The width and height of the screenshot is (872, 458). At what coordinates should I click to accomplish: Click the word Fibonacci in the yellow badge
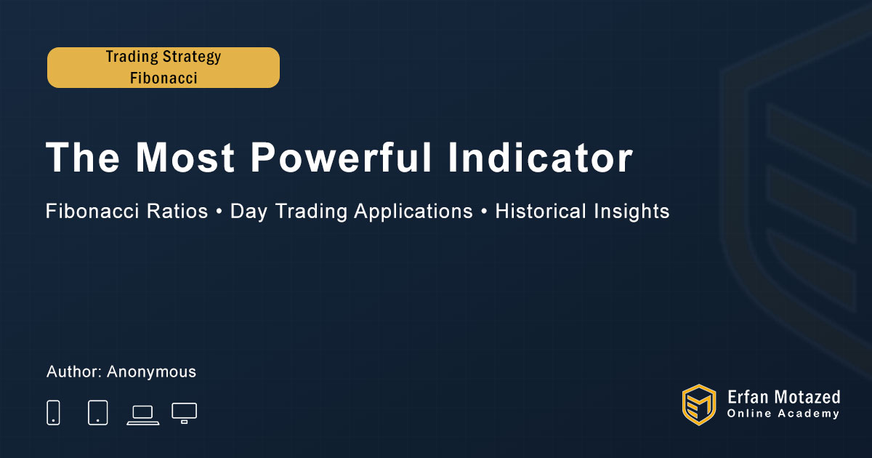(x=163, y=78)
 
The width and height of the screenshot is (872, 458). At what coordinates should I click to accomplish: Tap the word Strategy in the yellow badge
(x=192, y=57)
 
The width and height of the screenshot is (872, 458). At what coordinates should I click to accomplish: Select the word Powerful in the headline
(x=341, y=157)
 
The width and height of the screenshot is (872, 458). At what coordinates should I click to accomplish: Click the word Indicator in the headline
(x=541, y=157)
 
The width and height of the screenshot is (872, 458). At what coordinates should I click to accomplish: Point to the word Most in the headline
(x=185, y=157)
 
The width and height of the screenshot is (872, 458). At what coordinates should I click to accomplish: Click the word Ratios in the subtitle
(x=177, y=211)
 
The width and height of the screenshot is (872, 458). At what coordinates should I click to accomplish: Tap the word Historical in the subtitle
(x=541, y=211)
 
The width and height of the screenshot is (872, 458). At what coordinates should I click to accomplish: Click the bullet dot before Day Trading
(x=219, y=212)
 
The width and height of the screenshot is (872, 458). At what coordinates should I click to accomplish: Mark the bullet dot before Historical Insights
(x=484, y=212)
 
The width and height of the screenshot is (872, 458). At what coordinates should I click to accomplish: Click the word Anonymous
(x=151, y=372)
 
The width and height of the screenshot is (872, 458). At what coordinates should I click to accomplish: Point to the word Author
(x=74, y=371)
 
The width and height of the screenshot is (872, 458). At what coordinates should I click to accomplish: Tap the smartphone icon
(x=53, y=412)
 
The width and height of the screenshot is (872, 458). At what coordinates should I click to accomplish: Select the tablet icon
(x=98, y=412)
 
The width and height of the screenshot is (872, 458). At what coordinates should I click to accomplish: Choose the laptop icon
(x=143, y=415)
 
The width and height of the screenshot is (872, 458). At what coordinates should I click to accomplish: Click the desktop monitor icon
(x=184, y=413)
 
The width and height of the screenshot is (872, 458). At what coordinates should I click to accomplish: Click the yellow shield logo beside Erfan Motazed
(x=699, y=405)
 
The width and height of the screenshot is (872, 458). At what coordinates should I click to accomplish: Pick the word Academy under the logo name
(x=809, y=414)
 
